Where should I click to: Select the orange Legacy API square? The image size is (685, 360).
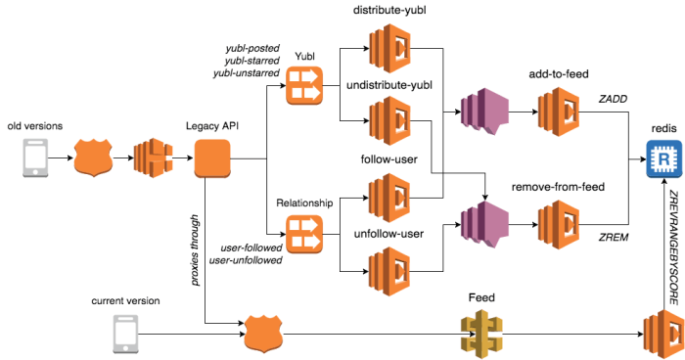212,157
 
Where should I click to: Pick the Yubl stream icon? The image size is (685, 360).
303,86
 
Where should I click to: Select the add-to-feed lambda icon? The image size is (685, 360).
557,112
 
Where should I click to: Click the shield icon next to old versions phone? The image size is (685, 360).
94,157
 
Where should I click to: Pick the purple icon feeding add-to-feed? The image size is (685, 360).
479,112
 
